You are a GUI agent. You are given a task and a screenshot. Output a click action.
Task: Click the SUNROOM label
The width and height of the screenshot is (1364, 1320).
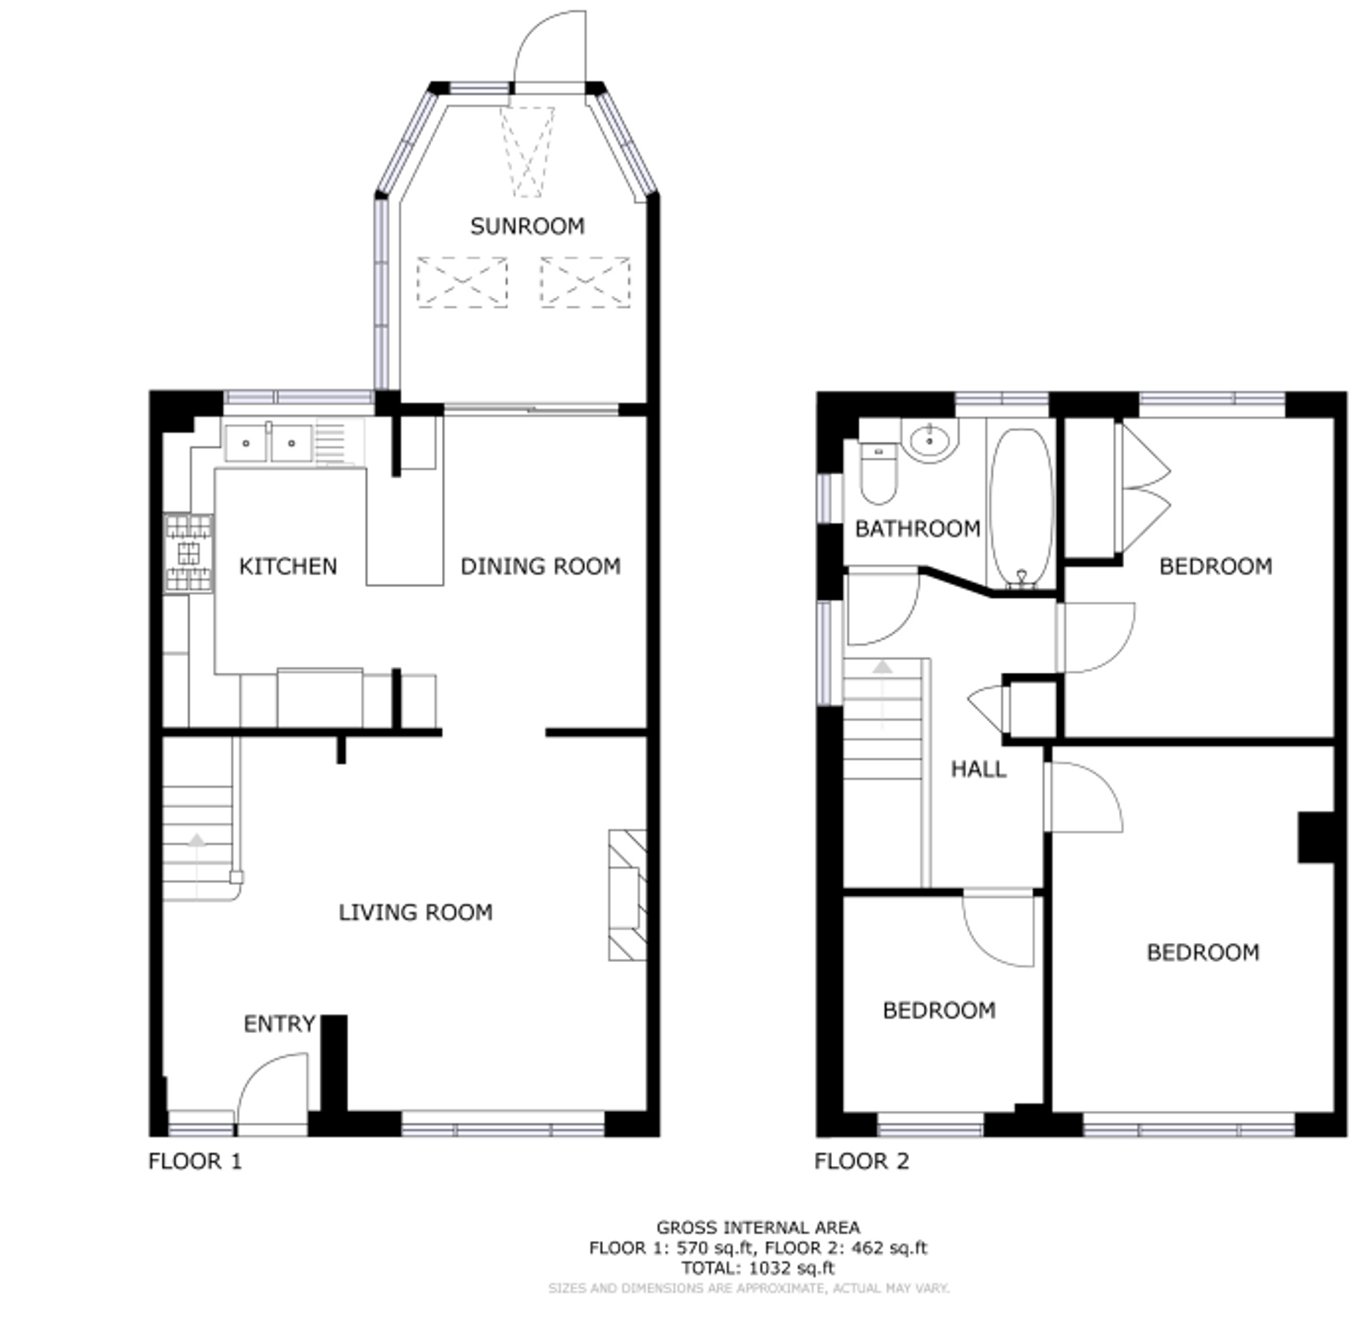coord(527,226)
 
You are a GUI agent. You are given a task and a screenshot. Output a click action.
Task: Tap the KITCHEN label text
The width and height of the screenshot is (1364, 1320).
coord(287,567)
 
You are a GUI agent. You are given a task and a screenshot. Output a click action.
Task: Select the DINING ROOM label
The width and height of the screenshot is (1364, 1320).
coord(541,567)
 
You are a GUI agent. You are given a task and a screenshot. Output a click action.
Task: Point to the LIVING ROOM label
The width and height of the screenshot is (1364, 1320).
coord(415,912)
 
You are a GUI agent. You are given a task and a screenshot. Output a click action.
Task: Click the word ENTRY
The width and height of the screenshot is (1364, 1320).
coord(280,1023)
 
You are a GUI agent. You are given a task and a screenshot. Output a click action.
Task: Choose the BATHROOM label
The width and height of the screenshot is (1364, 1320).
coord(917,529)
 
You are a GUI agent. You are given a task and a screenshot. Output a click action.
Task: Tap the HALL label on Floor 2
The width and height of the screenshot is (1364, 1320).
coord(979,769)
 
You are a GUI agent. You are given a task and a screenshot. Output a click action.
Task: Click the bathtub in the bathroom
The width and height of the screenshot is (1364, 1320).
coord(1022,508)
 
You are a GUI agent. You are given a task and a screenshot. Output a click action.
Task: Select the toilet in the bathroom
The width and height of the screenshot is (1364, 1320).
coord(878,472)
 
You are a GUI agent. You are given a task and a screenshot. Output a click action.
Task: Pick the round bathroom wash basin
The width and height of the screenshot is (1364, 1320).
coord(930,440)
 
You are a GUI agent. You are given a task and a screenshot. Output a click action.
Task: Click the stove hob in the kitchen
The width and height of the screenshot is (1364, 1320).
coord(188,554)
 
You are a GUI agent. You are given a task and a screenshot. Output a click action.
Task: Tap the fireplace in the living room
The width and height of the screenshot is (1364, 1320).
coord(627,895)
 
